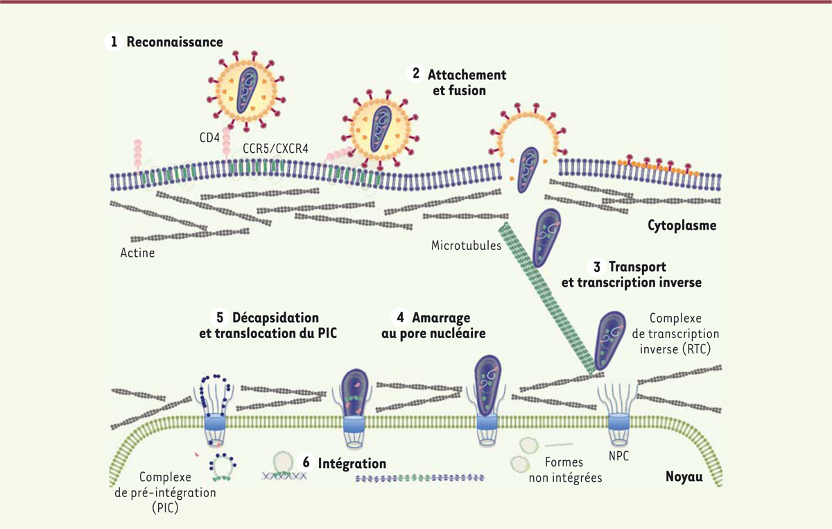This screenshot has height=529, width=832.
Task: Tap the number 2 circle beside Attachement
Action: [x=415, y=74]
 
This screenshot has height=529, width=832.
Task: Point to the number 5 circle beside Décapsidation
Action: [x=220, y=318]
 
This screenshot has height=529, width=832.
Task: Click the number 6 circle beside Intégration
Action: [x=305, y=462]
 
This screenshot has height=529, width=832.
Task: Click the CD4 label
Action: [x=208, y=137]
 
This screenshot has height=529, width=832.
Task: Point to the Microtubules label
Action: [x=466, y=245]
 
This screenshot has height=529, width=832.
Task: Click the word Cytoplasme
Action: [x=682, y=226]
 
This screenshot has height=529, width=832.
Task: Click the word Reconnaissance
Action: [x=174, y=42]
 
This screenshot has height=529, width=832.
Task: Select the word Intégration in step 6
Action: [x=352, y=462]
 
